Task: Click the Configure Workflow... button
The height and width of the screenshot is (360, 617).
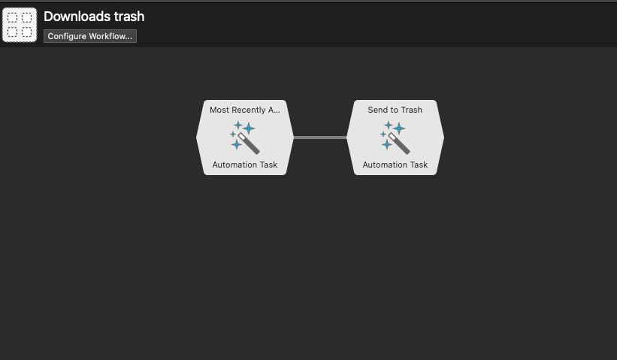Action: coord(90,36)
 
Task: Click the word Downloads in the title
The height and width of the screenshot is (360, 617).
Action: coord(77,17)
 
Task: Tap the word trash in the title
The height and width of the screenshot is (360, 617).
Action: coord(129,17)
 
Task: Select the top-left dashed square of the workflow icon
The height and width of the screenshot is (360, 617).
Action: coord(13,17)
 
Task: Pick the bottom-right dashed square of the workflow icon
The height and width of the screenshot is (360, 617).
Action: coord(27,32)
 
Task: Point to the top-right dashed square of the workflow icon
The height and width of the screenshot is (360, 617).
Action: coord(27,17)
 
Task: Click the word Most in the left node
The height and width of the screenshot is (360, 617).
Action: coord(218,110)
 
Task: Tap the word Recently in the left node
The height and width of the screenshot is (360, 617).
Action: coord(247,110)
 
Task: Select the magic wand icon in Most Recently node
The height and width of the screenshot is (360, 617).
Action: coord(245,138)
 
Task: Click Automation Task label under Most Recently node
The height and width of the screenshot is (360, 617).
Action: coord(245,165)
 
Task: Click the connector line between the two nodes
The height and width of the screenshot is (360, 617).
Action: coord(320,138)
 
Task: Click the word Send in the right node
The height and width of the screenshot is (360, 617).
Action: coord(377,110)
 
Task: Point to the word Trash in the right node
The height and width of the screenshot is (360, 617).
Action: coord(411,110)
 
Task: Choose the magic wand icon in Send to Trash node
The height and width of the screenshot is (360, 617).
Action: coord(395,138)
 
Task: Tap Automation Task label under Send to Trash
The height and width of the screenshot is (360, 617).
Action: coord(395,165)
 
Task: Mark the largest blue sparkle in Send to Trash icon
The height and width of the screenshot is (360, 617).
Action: coord(399,129)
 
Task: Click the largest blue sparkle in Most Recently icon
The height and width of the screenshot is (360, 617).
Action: coord(249,129)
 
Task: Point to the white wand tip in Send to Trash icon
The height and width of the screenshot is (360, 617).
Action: coord(392,137)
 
